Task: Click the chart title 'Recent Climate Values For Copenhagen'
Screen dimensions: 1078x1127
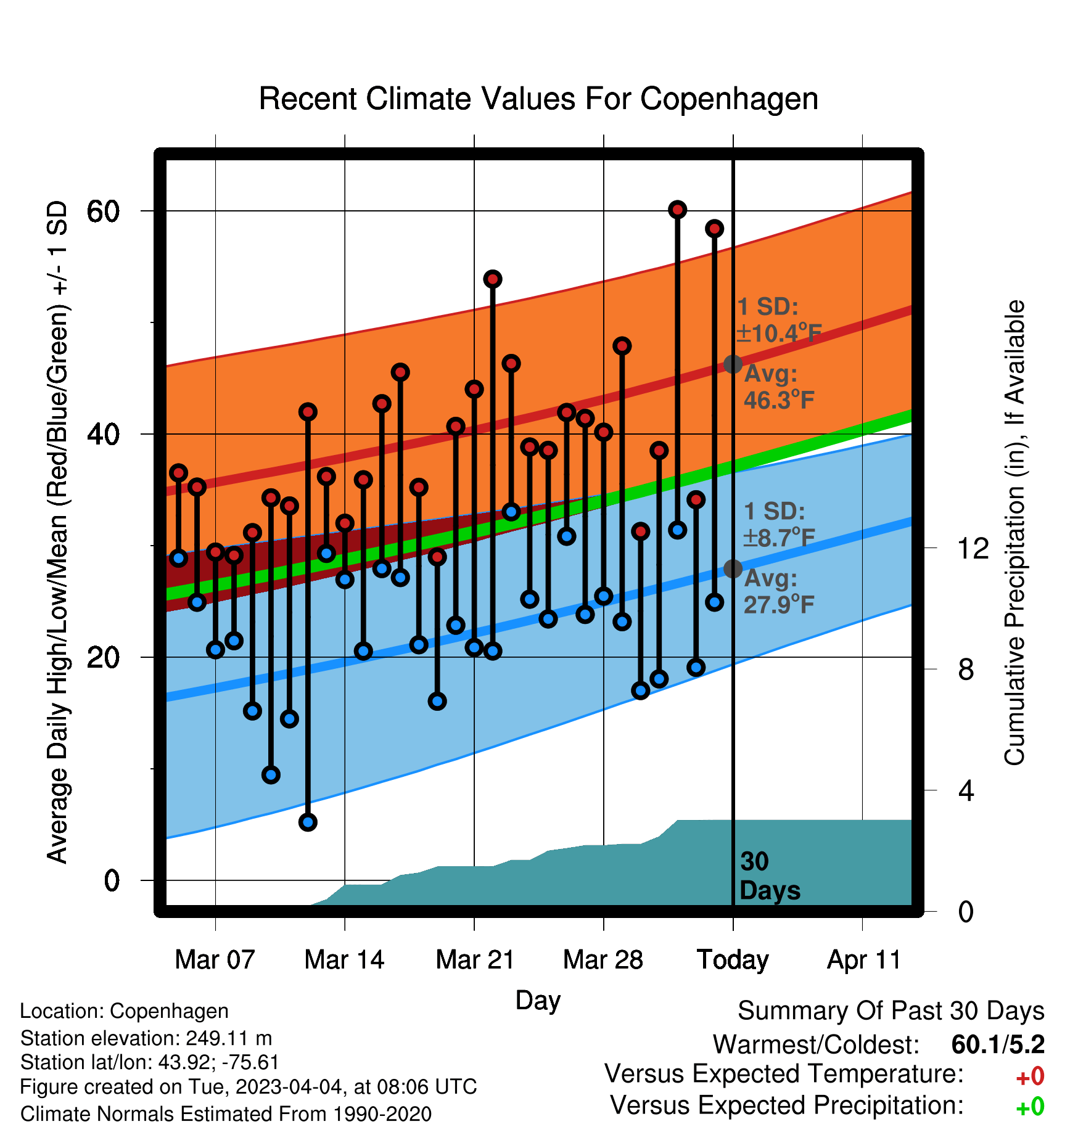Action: click(x=538, y=99)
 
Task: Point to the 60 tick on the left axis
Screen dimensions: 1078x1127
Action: click(x=103, y=211)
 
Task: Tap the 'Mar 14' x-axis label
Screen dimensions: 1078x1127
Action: click(x=344, y=960)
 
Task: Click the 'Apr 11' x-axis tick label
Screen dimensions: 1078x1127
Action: click(x=863, y=960)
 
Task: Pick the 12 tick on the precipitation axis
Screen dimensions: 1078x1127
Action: click(x=973, y=547)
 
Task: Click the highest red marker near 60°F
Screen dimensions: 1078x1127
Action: click(x=678, y=210)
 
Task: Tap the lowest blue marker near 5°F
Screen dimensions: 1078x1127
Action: click(x=308, y=822)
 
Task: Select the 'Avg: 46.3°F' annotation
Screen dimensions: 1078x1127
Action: click(x=779, y=387)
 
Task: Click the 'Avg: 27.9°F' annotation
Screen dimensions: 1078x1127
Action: click(x=779, y=592)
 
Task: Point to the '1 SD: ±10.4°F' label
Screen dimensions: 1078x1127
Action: click(x=779, y=320)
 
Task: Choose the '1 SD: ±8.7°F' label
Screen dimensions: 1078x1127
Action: click(x=779, y=525)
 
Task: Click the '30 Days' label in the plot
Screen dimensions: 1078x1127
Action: click(x=770, y=876)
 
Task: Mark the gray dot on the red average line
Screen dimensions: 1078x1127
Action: click(x=733, y=364)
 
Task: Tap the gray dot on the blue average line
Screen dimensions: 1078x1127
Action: click(x=733, y=568)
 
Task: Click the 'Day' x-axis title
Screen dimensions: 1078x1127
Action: click(x=538, y=1001)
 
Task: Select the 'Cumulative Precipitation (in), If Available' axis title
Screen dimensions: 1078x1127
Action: click(x=1014, y=533)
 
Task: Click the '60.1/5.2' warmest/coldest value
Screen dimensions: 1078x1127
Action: click(x=998, y=1044)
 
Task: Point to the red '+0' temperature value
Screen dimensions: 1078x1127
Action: click(x=1030, y=1076)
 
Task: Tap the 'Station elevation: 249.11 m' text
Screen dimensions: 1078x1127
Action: click(x=146, y=1038)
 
